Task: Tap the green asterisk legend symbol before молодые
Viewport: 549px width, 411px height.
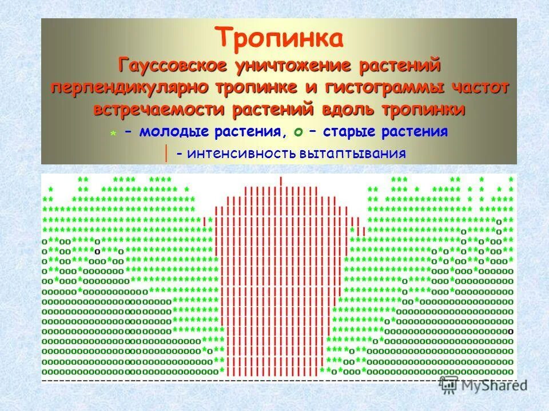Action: click(x=114, y=134)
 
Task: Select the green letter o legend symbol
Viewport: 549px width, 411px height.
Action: click(x=298, y=133)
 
